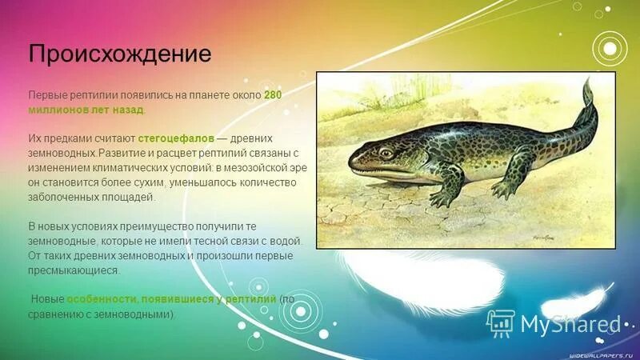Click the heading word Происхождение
(x=120, y=54)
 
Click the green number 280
(x=273, y=95)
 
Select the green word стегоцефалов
(x=181, y=138)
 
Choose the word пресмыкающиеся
(x=74, y=270)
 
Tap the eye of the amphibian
(x=387, y=152)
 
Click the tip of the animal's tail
(x=586, y=80)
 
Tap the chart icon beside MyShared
(x=502, y=322)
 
